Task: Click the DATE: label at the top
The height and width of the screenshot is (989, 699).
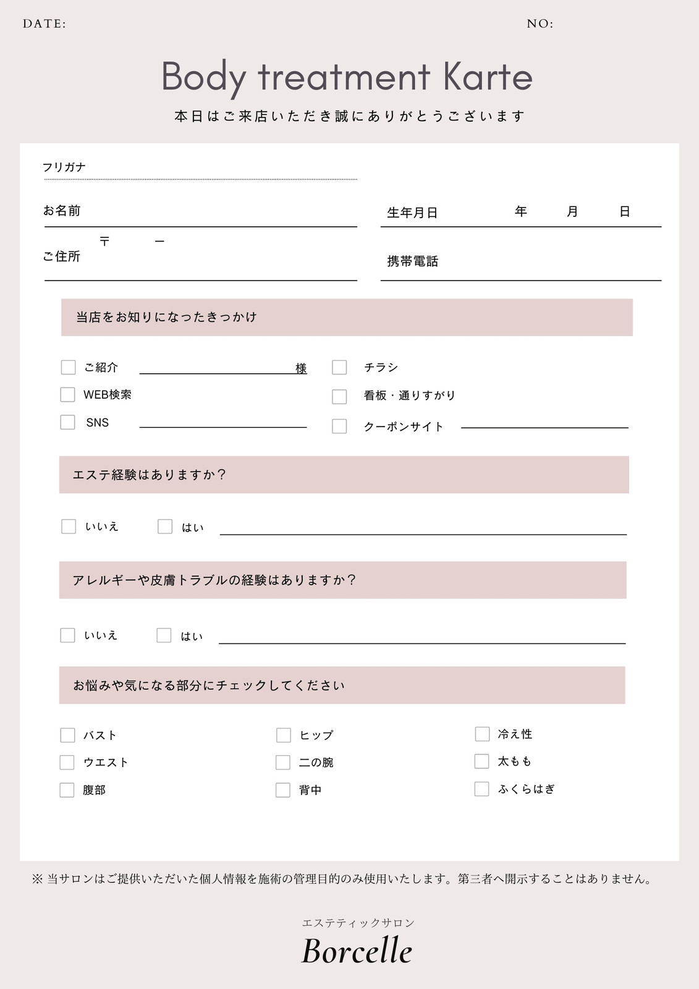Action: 44,24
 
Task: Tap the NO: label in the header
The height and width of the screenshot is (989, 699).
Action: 540,24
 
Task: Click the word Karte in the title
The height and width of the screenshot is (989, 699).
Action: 488,77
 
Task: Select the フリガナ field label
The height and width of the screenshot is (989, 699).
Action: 64,167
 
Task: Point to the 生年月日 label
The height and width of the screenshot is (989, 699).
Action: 412,213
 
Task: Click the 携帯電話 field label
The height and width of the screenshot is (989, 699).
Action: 412,261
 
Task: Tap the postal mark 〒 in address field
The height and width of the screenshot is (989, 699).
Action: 104,241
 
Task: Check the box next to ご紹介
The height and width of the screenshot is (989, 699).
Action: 68,367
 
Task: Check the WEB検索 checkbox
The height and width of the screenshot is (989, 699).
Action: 67,394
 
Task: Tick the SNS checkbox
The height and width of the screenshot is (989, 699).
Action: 67,422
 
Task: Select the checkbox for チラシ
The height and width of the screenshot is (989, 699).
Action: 339,367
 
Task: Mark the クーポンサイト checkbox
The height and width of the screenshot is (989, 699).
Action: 339,426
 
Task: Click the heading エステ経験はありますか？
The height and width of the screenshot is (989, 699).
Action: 150,475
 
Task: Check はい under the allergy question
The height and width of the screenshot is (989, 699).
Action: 164,635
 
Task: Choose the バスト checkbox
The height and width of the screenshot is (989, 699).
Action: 67,735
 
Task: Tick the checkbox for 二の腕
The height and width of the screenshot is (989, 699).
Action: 283,762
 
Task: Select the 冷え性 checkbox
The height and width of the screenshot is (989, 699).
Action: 482,734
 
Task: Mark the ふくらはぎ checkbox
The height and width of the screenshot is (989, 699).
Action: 481,789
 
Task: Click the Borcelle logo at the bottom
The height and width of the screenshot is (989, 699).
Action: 357,951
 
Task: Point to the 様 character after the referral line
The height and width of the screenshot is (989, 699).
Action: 301,368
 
